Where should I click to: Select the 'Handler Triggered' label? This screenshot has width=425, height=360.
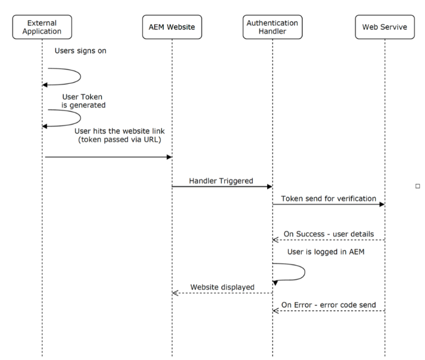point(221,181)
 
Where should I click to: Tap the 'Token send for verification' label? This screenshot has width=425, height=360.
point(328,198)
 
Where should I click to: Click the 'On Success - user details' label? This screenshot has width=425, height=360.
point(328,234)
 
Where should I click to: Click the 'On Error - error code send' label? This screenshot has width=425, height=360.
point(328,304)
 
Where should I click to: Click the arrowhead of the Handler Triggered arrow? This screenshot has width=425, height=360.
point(269,187)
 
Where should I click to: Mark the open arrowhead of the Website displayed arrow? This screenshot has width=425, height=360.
point(175,293)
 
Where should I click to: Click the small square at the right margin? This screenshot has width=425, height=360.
point(417,186)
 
